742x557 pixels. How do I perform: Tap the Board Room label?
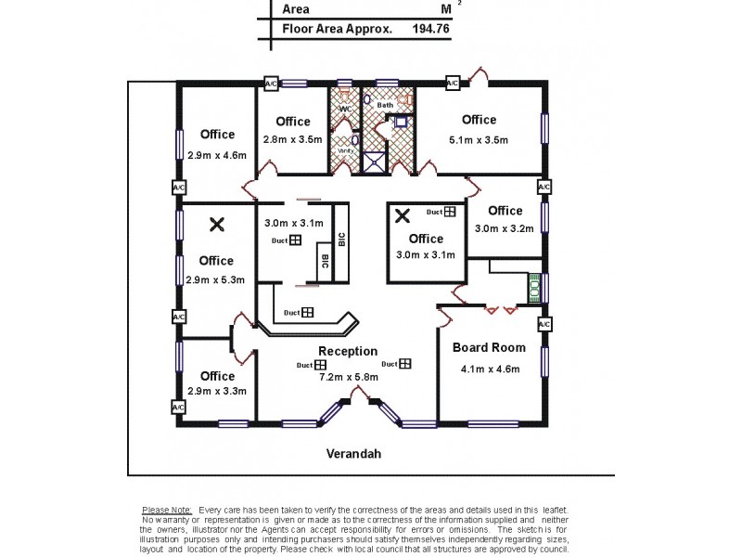tap(489, 348)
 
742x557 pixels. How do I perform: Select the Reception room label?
tap(348, 351)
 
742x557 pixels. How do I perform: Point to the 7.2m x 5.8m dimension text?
tap(348, 377)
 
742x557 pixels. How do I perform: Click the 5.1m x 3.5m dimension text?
tap(479, 140)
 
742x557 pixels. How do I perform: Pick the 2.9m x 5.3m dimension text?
tap(216, 279)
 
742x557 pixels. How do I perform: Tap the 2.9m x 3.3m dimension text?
tap(216, 392)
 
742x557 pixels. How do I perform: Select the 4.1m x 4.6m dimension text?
tap(489, 369)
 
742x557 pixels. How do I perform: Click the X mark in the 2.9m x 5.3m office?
tap(217, 224)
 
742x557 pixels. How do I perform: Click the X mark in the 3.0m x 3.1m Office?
tap(403, 215)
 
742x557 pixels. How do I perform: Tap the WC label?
tap(344, 109)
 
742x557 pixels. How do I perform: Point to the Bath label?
tap(384, 105)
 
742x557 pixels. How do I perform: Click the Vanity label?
tap(343, 149)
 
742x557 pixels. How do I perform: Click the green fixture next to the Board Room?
tap(534, 288)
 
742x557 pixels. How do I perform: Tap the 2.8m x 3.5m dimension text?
tap(292, 140)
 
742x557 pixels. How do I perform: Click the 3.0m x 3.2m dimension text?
tap(505, 228)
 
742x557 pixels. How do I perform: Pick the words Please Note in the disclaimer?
tap(167, 511)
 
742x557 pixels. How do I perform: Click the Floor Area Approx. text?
tap(338, 29)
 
